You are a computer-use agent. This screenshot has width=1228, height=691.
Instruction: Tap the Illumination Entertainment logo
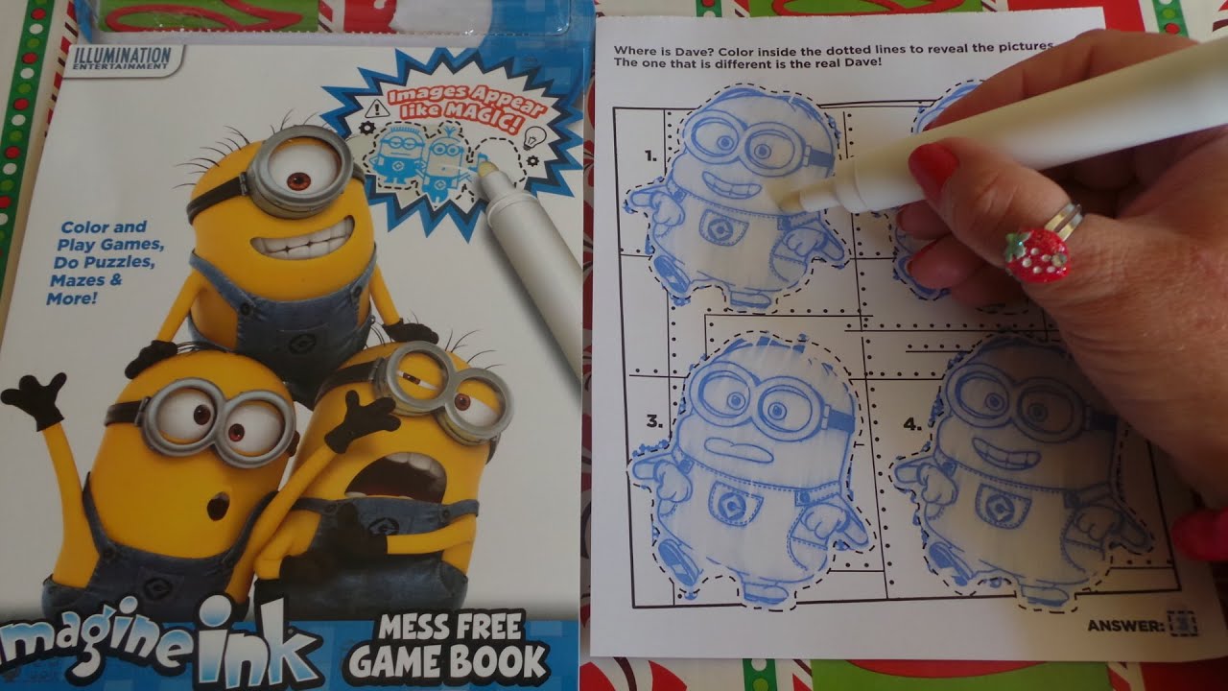(122, 58)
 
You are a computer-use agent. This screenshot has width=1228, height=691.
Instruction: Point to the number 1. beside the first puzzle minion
(652, 155)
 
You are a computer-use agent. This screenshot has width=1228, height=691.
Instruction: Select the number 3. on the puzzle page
(654, 420)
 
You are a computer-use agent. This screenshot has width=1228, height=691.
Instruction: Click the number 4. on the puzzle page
(912, 423)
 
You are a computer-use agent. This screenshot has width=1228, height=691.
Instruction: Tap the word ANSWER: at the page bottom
(1125, 627)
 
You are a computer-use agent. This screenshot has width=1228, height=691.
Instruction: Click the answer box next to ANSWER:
(1182, 623)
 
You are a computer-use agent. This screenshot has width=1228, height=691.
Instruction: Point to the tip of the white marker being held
(785, 200)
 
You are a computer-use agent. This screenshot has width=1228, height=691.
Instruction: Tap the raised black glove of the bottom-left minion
(35, 396)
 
